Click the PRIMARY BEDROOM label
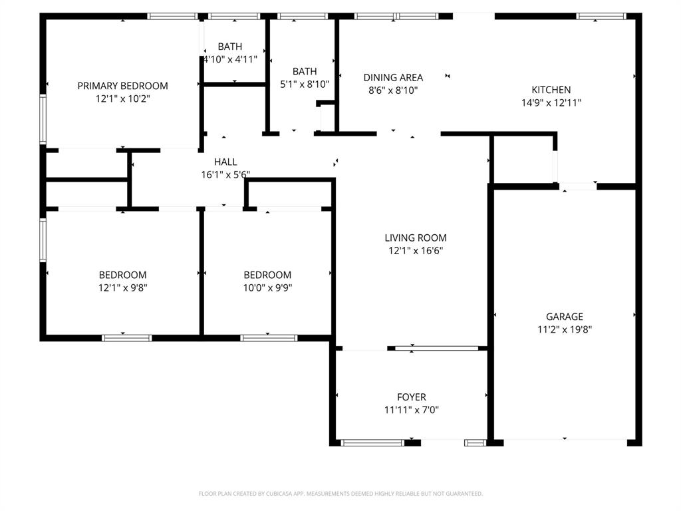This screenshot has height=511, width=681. click(122, 86)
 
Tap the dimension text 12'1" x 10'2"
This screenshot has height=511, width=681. click(122, 98)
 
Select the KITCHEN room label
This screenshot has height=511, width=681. click(551, 90)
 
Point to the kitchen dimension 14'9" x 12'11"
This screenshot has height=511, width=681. click(551, 103)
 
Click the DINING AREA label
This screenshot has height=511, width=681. click(392, 77)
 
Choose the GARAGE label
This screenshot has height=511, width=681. click(564, 317)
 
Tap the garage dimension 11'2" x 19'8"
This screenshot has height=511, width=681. click(564, 329)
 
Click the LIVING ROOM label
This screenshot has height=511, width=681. click(416, 238)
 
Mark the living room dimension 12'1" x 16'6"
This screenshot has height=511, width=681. click(416, 251)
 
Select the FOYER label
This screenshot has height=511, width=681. click(411, 397)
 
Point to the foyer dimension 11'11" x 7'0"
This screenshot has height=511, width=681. click(411, 410)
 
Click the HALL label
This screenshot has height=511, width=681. click(225, 162)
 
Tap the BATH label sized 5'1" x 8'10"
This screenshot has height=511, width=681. click(305, 71)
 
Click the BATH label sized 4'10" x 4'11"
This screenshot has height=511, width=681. click(230, 47)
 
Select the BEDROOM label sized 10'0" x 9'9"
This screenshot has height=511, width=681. click(267, 275)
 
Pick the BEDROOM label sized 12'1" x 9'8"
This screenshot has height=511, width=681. click(122, 275)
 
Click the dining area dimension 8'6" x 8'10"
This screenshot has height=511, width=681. click(392, 90)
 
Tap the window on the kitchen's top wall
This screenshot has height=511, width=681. click(601, 16)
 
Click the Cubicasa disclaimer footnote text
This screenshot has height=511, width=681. click(340, 494)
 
